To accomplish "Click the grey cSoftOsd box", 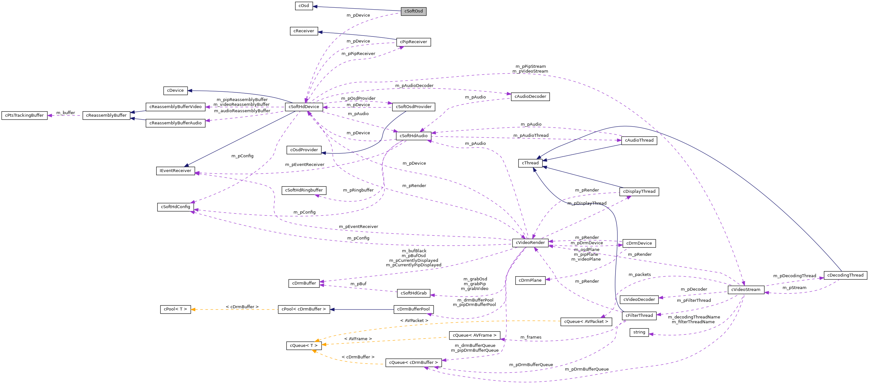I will click(x=413, y=11).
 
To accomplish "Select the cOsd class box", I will click(x=304, y=6).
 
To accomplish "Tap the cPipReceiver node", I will click(x=413, y=42).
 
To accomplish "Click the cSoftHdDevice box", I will click(x=304, y=107).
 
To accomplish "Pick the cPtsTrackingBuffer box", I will click(x=24, y=115).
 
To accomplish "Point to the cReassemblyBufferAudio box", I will click(x=175, y=123).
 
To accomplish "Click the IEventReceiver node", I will click(x=175, y=171).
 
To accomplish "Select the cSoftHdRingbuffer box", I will click(x=304, y=190).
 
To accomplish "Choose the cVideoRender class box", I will click(x=530, y=243).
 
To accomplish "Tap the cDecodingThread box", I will click(x=845, y=275).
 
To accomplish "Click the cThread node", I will click(x=530, y=163).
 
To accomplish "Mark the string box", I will click(x=639, y=333).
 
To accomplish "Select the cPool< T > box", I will click(x=175, y=309).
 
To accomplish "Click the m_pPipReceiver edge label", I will click(x=358, y=54).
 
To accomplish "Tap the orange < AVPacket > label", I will click(x=414, y=321).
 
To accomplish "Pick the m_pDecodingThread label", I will click(x=794, y=276).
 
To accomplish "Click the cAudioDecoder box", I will click(x=530, y=97).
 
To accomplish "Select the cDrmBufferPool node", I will click(x=413, y=309).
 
